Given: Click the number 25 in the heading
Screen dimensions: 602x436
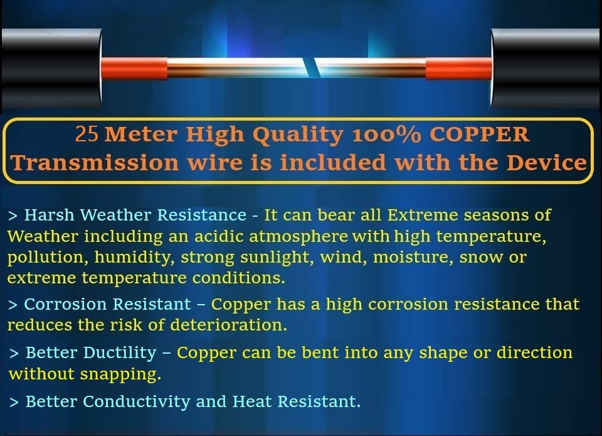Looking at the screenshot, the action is click(87, 134).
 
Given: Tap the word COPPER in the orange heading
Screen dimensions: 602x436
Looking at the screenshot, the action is click(479, 134).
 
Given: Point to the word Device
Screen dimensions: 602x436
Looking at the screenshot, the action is click(546, 162).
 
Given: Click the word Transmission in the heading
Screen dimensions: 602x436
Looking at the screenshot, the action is click(95, 162).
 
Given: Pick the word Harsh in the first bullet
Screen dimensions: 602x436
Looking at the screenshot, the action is click(49, 215).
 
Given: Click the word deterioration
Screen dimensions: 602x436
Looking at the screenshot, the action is click(228, 325).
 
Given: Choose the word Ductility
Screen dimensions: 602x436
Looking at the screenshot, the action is click(120, 353).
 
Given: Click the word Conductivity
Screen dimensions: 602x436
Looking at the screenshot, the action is click(136, 402).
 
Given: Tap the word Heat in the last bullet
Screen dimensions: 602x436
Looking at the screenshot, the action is click(252, 401).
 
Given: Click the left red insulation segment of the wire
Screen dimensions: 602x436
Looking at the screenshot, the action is click(134, 68).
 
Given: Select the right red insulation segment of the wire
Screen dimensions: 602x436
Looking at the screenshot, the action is click(459, 68).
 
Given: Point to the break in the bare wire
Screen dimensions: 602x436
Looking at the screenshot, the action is click(310, 68).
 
